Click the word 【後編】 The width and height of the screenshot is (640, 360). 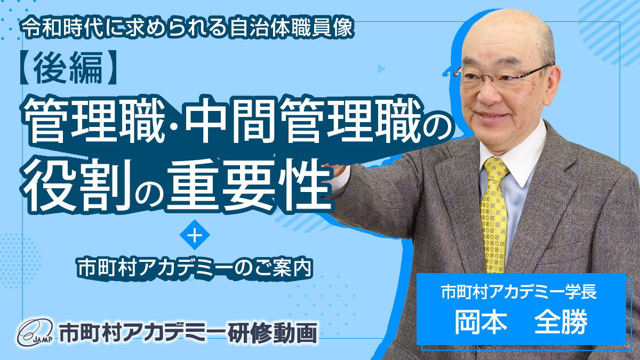(x=69, y=68)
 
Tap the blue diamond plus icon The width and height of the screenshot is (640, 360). (x=195, y=235)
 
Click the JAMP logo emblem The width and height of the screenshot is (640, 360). (x=35, y=332)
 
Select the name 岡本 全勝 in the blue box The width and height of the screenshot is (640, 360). (x=521, y=322)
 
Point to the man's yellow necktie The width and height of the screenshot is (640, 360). (x=494, y=214)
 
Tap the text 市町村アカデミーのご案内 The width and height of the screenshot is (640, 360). (x=195, y=267)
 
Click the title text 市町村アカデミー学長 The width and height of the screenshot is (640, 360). (x=519, y=291)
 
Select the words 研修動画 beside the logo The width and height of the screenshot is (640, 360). (x=273, y=333)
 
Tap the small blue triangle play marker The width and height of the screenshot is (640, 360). (x=381, y=69)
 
